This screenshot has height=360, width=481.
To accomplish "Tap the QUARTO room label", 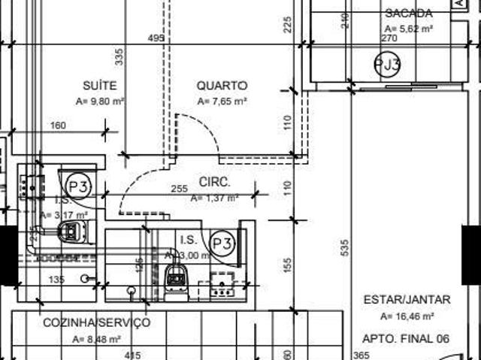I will pos(222,86).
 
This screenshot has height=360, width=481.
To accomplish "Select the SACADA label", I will pos(408,13).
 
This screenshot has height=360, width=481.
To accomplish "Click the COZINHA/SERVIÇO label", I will pos(96,322).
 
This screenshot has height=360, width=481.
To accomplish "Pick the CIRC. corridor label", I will pos(214,182).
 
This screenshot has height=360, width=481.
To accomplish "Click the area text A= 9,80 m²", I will pos(100,101).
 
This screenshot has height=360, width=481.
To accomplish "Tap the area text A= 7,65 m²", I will pos(222,101).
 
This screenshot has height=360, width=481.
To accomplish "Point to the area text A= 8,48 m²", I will pos(97,339).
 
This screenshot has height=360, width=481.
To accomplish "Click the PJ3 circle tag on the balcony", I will pos(387,65).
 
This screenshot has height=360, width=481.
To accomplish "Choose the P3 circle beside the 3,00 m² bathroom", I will pos(222,243).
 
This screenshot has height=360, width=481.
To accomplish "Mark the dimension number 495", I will pos(156,38).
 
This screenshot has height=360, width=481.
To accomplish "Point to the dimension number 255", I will pos(179,189).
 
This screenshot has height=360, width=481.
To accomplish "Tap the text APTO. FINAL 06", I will pos(405,339).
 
